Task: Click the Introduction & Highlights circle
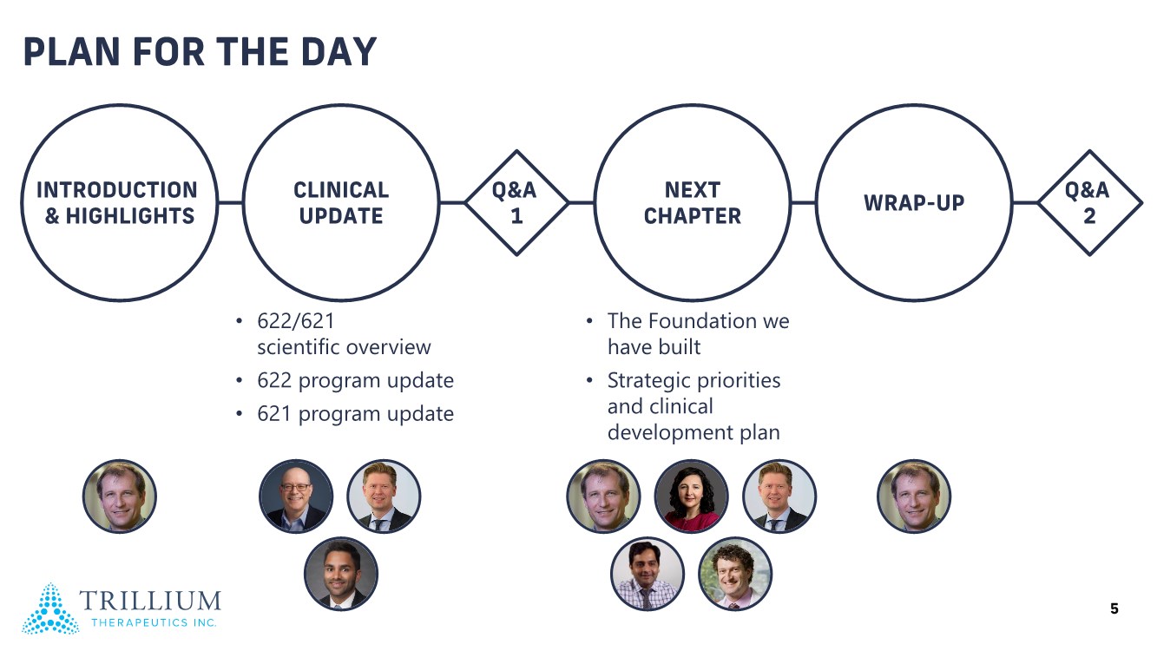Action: [119, 202]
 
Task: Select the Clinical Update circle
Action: [341, 202]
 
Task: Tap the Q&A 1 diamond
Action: [516, 202]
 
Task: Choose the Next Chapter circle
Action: [692, 202]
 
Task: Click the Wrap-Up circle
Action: [914, 202]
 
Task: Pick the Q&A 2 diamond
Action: [1090, 202]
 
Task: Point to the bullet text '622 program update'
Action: [355, 381]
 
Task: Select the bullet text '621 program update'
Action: [355, 414]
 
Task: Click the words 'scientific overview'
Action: [344, 347]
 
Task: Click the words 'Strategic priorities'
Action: [694, 381]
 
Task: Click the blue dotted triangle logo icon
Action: [50, 608]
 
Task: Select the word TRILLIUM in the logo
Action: [150, 601]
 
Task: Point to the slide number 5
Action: [1114, 608]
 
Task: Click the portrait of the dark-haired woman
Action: [691, 496]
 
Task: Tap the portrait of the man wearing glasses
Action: [296, 496]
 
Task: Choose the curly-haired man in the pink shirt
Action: [735, 574]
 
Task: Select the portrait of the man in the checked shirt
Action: [648, 574]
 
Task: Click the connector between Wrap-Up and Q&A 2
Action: [1025, 202]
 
